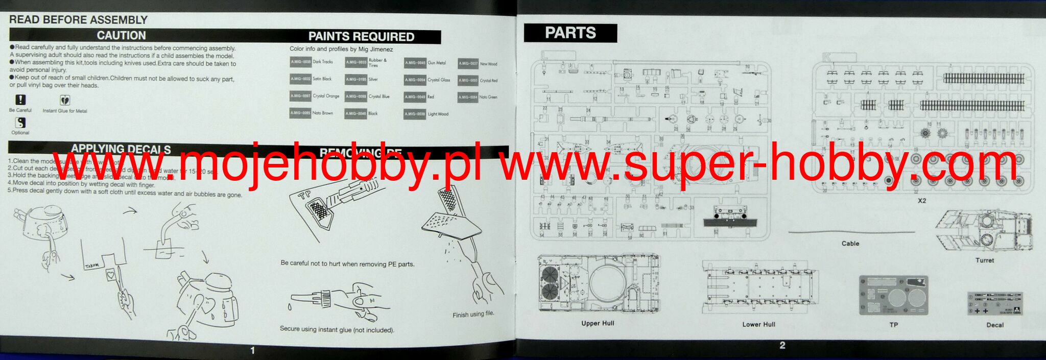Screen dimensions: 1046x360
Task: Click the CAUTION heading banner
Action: tap(122, 35)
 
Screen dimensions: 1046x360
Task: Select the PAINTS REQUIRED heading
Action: tap(361, 36)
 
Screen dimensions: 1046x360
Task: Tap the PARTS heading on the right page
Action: tap(570, 33)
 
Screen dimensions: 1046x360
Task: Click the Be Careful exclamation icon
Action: tap(20, 100)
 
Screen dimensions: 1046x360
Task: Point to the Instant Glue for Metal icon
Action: tap(65, 100)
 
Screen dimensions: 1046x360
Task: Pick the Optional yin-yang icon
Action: tap(20, 123)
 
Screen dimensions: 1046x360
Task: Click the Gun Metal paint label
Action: tap(437, 63)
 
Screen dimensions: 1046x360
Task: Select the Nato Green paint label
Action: tap(488, 97)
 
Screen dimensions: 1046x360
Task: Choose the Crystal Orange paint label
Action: tap(326, 96)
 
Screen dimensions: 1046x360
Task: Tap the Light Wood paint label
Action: tap(438, 114)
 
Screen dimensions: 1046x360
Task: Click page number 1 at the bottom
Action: tap(252, 350)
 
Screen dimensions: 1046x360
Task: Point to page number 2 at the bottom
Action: tap(782, 346)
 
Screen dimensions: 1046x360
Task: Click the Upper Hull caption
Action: tap(598, 323)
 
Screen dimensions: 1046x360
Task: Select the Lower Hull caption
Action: tap(758, 324)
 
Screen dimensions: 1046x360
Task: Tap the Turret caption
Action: tap(985, 260)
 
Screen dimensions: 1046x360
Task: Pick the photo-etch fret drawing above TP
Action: tap(893, 296)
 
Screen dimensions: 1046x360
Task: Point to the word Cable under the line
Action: tap(850, 244)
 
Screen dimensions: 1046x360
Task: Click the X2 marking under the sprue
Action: tap(921, 201)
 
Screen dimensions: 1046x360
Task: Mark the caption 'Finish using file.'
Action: tap(473, 314)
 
